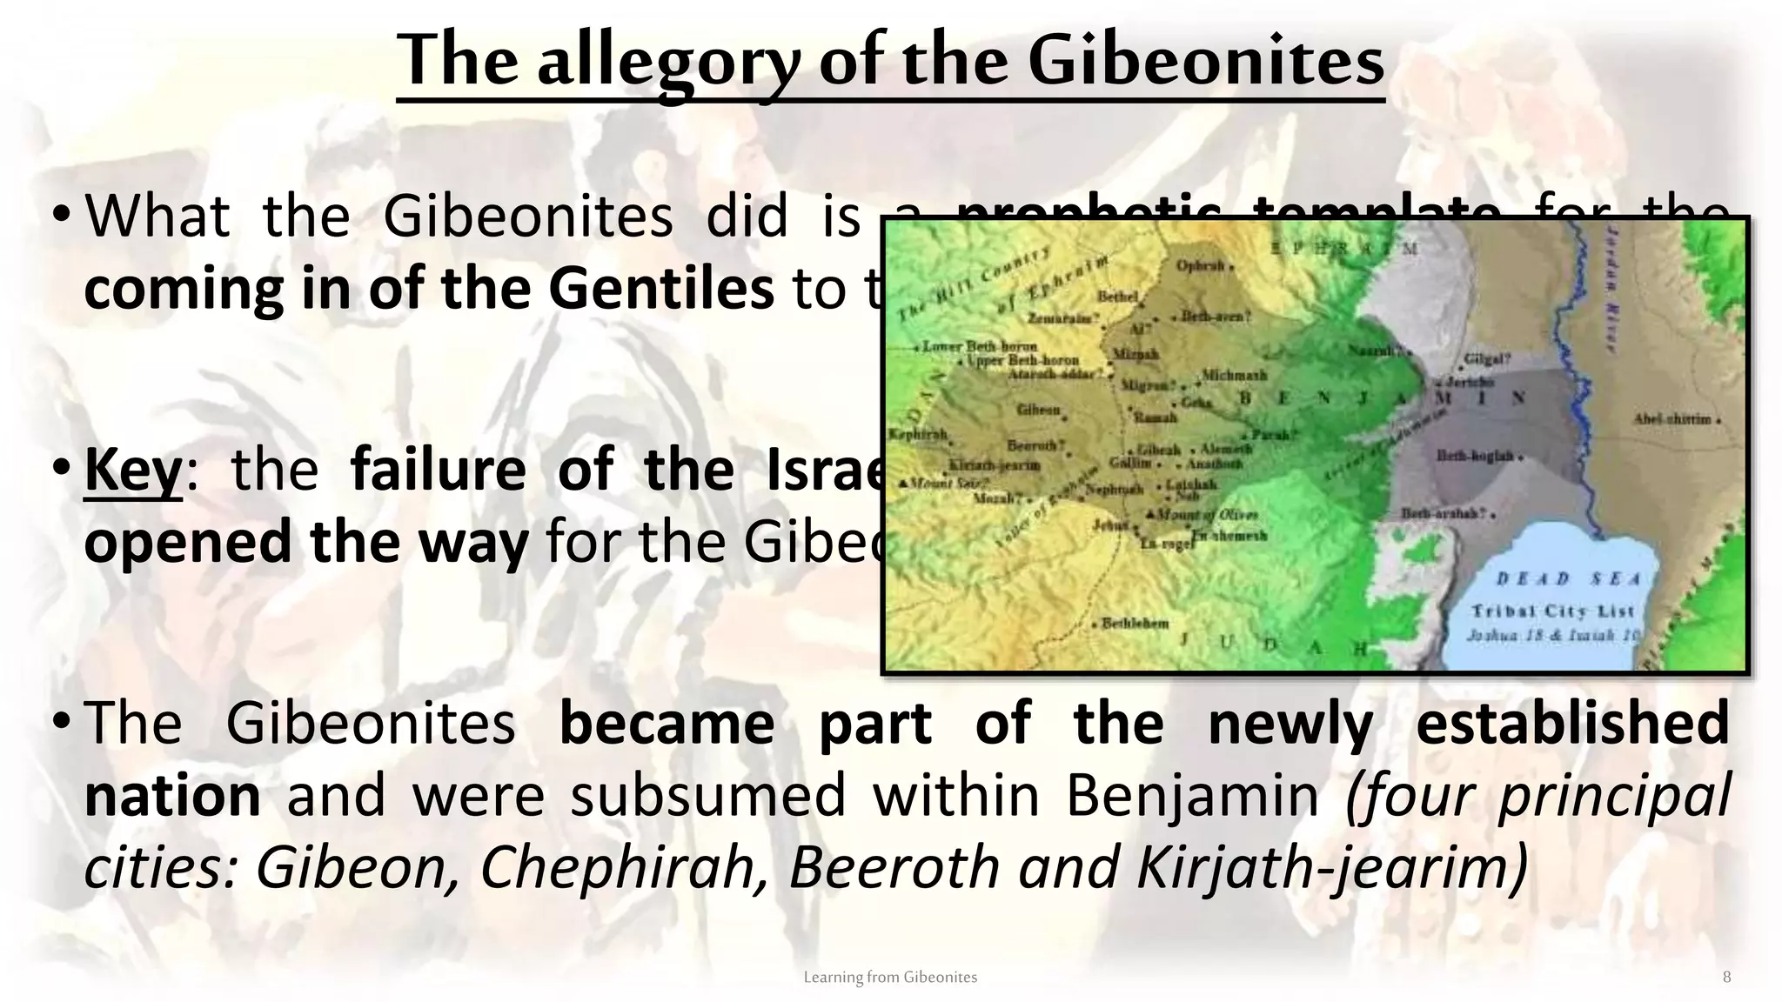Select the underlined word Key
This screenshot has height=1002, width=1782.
(133, 470)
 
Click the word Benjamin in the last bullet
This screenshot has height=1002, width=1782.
(1192, 795)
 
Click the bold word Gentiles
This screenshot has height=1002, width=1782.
(660, 289)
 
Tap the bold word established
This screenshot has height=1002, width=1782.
(1572, 723)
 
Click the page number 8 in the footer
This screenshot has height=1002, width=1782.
(1726, 977)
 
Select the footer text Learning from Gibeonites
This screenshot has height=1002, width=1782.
(890, 977)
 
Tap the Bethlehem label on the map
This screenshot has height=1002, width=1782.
(1135, 623)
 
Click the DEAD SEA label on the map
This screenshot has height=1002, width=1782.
(1568, 579)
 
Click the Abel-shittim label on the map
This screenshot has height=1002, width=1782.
(1671, 419)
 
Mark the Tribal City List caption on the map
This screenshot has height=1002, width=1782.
(1552, 611)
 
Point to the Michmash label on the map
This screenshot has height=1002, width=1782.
(1234, 376)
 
